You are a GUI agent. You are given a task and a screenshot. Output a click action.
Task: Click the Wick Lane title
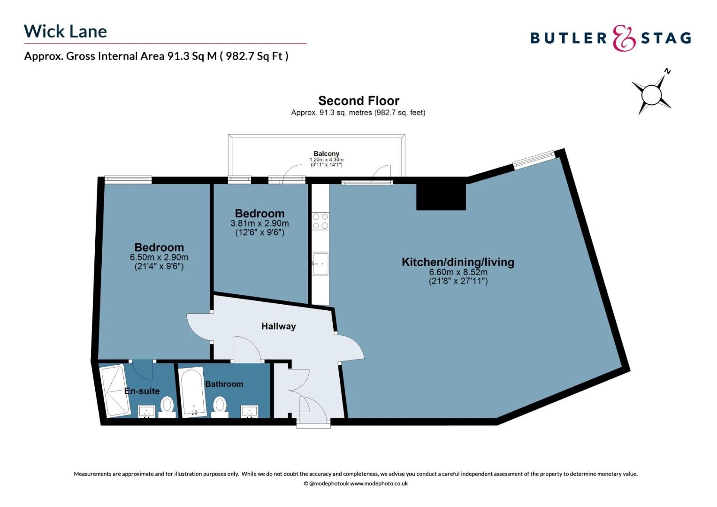pyautogui.click(x=65, y=31)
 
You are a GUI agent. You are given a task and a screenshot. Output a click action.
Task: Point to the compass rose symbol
pyautogui.click(x=651, y=94)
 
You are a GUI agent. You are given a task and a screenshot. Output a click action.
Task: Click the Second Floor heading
pyautogui.click(x=358, y=101)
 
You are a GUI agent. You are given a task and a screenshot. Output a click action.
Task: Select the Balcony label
pyautogui.click(x=326, y=154)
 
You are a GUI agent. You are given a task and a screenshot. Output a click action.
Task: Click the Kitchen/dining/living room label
pyautogui.click(x=458, y=262)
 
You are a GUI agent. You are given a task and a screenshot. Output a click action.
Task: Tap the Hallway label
pyautogui.click(x=278, y=326)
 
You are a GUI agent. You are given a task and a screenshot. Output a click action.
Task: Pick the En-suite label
pyautogui.click(x=142, y=391)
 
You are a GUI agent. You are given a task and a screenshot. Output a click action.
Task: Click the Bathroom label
pyautogui.click(x=224, y=384)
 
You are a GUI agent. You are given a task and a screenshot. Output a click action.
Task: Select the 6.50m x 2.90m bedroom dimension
pyautogui.click(x=159, y=257)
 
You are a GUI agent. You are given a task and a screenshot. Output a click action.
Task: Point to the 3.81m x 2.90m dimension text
pyautogui.click(x=259, y=223)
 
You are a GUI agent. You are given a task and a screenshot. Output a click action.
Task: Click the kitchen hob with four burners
pyautogui.click(x=320, y=221)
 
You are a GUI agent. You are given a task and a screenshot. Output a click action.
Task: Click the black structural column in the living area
pyautogui.click(x=441, y=197)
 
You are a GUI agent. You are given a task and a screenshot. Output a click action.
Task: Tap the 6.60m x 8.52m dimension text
pyautogui.click(x=458, y=272)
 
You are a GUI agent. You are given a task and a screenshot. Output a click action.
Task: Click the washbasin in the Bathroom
pyautogui.click(x=249, y=412)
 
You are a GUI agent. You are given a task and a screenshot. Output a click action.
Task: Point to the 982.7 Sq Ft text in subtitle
pyautogui.click(x=253, y=56)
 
